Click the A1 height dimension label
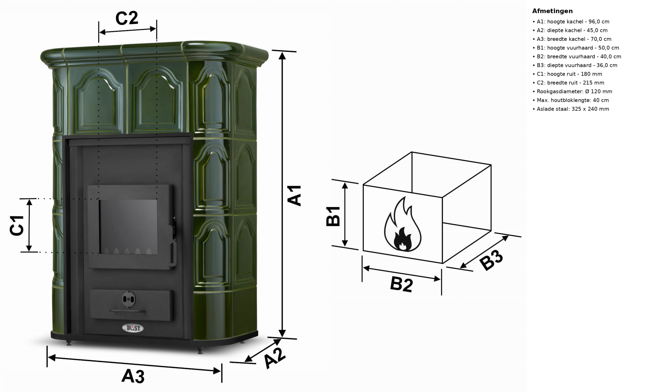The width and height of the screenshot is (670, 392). [294, 195]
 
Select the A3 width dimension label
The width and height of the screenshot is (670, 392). [133, 376]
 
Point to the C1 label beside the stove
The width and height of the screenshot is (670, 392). [17, 225]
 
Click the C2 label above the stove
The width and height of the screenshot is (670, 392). [127, 18]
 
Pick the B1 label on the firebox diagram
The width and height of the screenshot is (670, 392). [333, 216]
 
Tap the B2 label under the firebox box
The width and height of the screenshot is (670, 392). [401, 284]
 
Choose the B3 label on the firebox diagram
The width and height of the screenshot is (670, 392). [491, 260]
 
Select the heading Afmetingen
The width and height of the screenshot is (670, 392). [552, 11]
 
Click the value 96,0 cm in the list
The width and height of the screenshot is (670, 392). [599, 22]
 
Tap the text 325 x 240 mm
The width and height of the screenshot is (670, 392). [590, 109]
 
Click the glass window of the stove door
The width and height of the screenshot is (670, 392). [128, 227]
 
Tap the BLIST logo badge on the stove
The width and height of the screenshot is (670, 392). [133, 328]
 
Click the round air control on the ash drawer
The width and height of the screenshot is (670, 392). [129, 299]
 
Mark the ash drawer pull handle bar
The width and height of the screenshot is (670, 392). [127, 311]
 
